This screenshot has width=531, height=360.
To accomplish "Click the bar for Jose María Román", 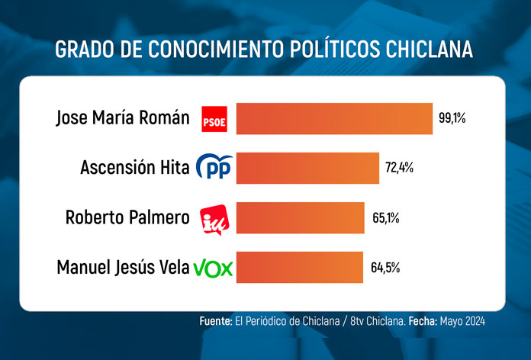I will (x=334, y=118).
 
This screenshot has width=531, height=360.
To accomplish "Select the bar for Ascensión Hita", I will (x=307, y=168).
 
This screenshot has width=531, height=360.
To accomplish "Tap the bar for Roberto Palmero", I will (x=301, y=217).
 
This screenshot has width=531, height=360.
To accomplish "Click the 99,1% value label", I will (x=452, y=118).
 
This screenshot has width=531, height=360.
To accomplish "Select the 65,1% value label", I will (x=385, y=218).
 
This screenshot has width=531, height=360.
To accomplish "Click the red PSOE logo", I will (x=213, y=119).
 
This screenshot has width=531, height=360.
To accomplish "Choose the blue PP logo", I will (x=214, y=168).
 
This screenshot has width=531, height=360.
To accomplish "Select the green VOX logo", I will (x=213, y=268).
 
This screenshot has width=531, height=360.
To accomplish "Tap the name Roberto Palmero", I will (x=127, y=218).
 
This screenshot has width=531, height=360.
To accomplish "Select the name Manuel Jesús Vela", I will (x=123, y=268).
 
